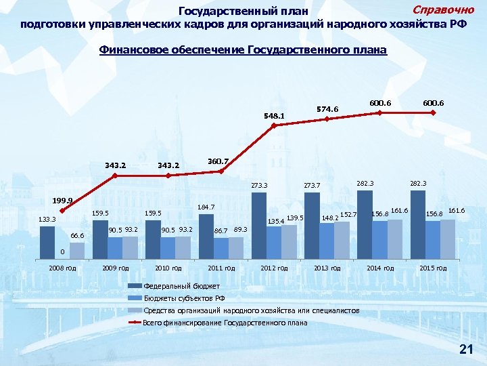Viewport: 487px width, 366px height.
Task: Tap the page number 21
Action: [465, 349]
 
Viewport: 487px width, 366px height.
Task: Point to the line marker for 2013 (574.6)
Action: [327, 119]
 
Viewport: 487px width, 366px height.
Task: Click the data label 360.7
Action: [218, 161]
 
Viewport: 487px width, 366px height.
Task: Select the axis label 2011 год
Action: [221, 268]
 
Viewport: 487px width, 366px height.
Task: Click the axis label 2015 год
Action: [432, 268]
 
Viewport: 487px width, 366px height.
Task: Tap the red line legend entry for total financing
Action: [225, 323]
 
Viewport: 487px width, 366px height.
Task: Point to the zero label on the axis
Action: [61, 252]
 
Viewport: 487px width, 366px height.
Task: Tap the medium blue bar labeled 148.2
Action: [327, 241]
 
